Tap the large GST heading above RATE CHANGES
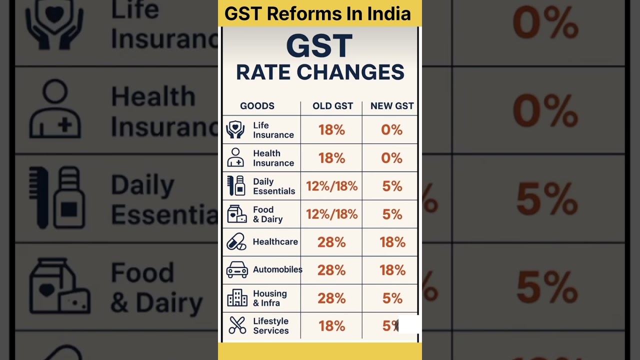point(319,46)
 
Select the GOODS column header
point(257,106)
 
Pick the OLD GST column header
point(332,106)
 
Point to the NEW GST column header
point(392,106)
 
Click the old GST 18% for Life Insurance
point(331,130)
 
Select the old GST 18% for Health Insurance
point(331,158)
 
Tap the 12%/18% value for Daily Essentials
point(331,186)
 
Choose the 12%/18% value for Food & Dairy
point(331,214)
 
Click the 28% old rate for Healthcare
point(331,242)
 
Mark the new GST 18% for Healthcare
point(392,242)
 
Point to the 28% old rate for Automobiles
point(331,270)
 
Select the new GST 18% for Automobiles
point(392,270)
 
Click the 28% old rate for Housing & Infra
point(331,298)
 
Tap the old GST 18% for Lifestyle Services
point(331,326)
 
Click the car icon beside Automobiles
point(237,270)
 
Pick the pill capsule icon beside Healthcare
point(236,242)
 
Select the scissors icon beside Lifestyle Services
point(237,325)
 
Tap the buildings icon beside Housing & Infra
point(237,298)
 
